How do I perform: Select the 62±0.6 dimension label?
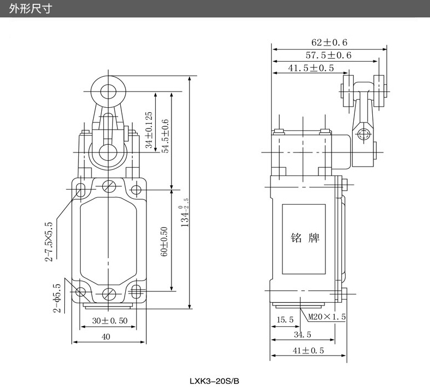[x=329, y=42]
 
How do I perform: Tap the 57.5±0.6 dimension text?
[x=328, y=55]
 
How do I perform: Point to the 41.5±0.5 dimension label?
[x=311, y=68]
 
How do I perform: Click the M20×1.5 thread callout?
[x=327, y=316]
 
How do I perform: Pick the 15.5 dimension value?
[x=285, y=320]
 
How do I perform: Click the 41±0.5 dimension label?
[x=308, y=351]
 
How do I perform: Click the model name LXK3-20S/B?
[x=214, y=381]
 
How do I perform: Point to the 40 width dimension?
[x=106, y=337]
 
